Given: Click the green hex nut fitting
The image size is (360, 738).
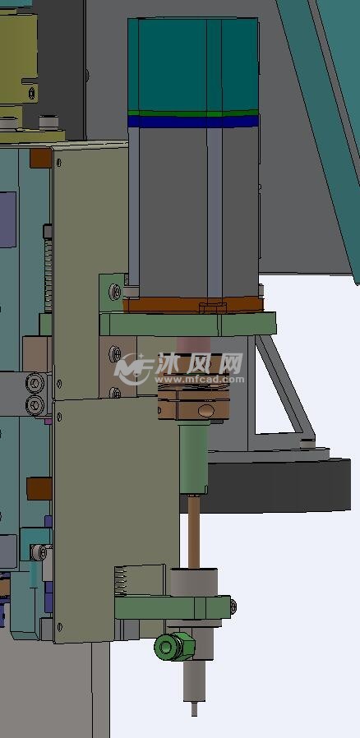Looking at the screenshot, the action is (174, 647).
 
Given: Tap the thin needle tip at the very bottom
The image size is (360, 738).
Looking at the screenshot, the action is (194, 708).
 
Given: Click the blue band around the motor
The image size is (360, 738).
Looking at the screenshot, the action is (193, 122).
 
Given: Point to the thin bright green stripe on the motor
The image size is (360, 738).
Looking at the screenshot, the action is (193, 113).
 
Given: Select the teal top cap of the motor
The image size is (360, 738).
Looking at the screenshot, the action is (193, 64).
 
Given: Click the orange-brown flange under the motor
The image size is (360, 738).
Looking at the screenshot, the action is (193, 306).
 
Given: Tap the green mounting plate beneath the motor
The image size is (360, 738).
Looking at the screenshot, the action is (187, 325).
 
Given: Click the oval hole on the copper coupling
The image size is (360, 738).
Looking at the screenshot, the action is (205, 410).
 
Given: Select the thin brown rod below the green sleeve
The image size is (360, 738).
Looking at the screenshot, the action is (194, 532).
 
